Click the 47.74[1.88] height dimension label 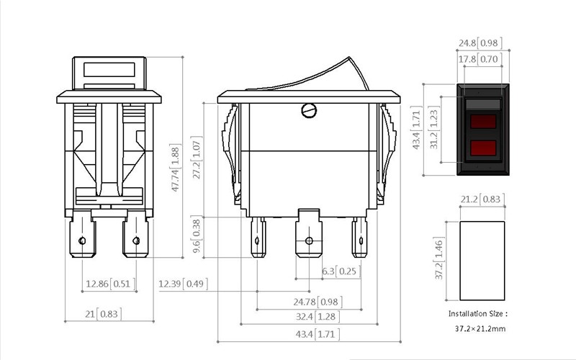[176, 168]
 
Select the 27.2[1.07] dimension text [197, 158]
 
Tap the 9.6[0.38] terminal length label [197, 235]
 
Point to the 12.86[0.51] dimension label [111, 284]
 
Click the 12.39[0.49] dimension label [183, 284]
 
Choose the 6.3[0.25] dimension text [341, 271]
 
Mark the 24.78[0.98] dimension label [318, 302]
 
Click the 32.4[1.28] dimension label [318, 316]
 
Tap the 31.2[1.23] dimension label [434, 127]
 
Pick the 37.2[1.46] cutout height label [439, 258]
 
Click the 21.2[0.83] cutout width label [482, 199]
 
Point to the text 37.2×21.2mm [480, 328]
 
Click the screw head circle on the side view [309, 111]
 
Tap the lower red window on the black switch [483, 148]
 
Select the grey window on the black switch [483, 104]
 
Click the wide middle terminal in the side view [309, 233]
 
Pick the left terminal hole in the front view [82, 240]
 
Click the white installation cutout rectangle [482, 261]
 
